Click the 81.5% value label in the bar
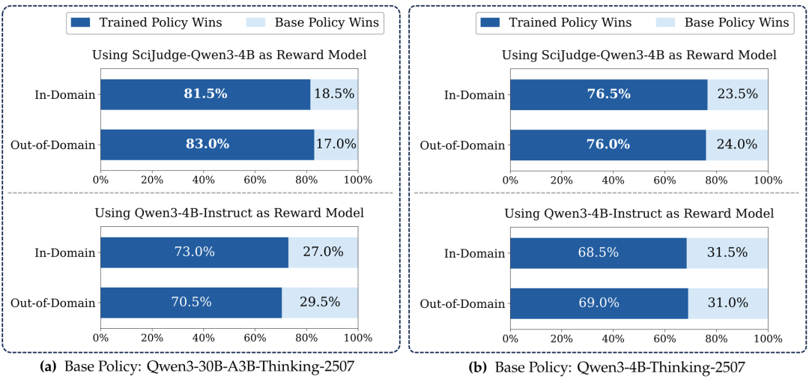click(x=205, y=94)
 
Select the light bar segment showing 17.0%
click(x=336, y=145)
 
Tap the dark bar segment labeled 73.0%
click(x=194, y=252)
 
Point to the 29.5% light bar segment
click(x=320, y=303)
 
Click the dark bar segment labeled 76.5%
click(x=608, y=94)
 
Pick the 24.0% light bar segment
click(x=736, y=145)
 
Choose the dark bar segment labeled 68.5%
click(x=598, y=252)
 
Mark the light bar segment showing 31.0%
click(x=728, y=303)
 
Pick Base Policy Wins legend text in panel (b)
click(x=736, y=22)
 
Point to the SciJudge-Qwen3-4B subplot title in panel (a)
click(x=229, y=55)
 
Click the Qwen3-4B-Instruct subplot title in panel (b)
click(x=638, y=213)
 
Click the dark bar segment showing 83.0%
click(x=207, y=145)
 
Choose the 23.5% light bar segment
click(x=737, y=94)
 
